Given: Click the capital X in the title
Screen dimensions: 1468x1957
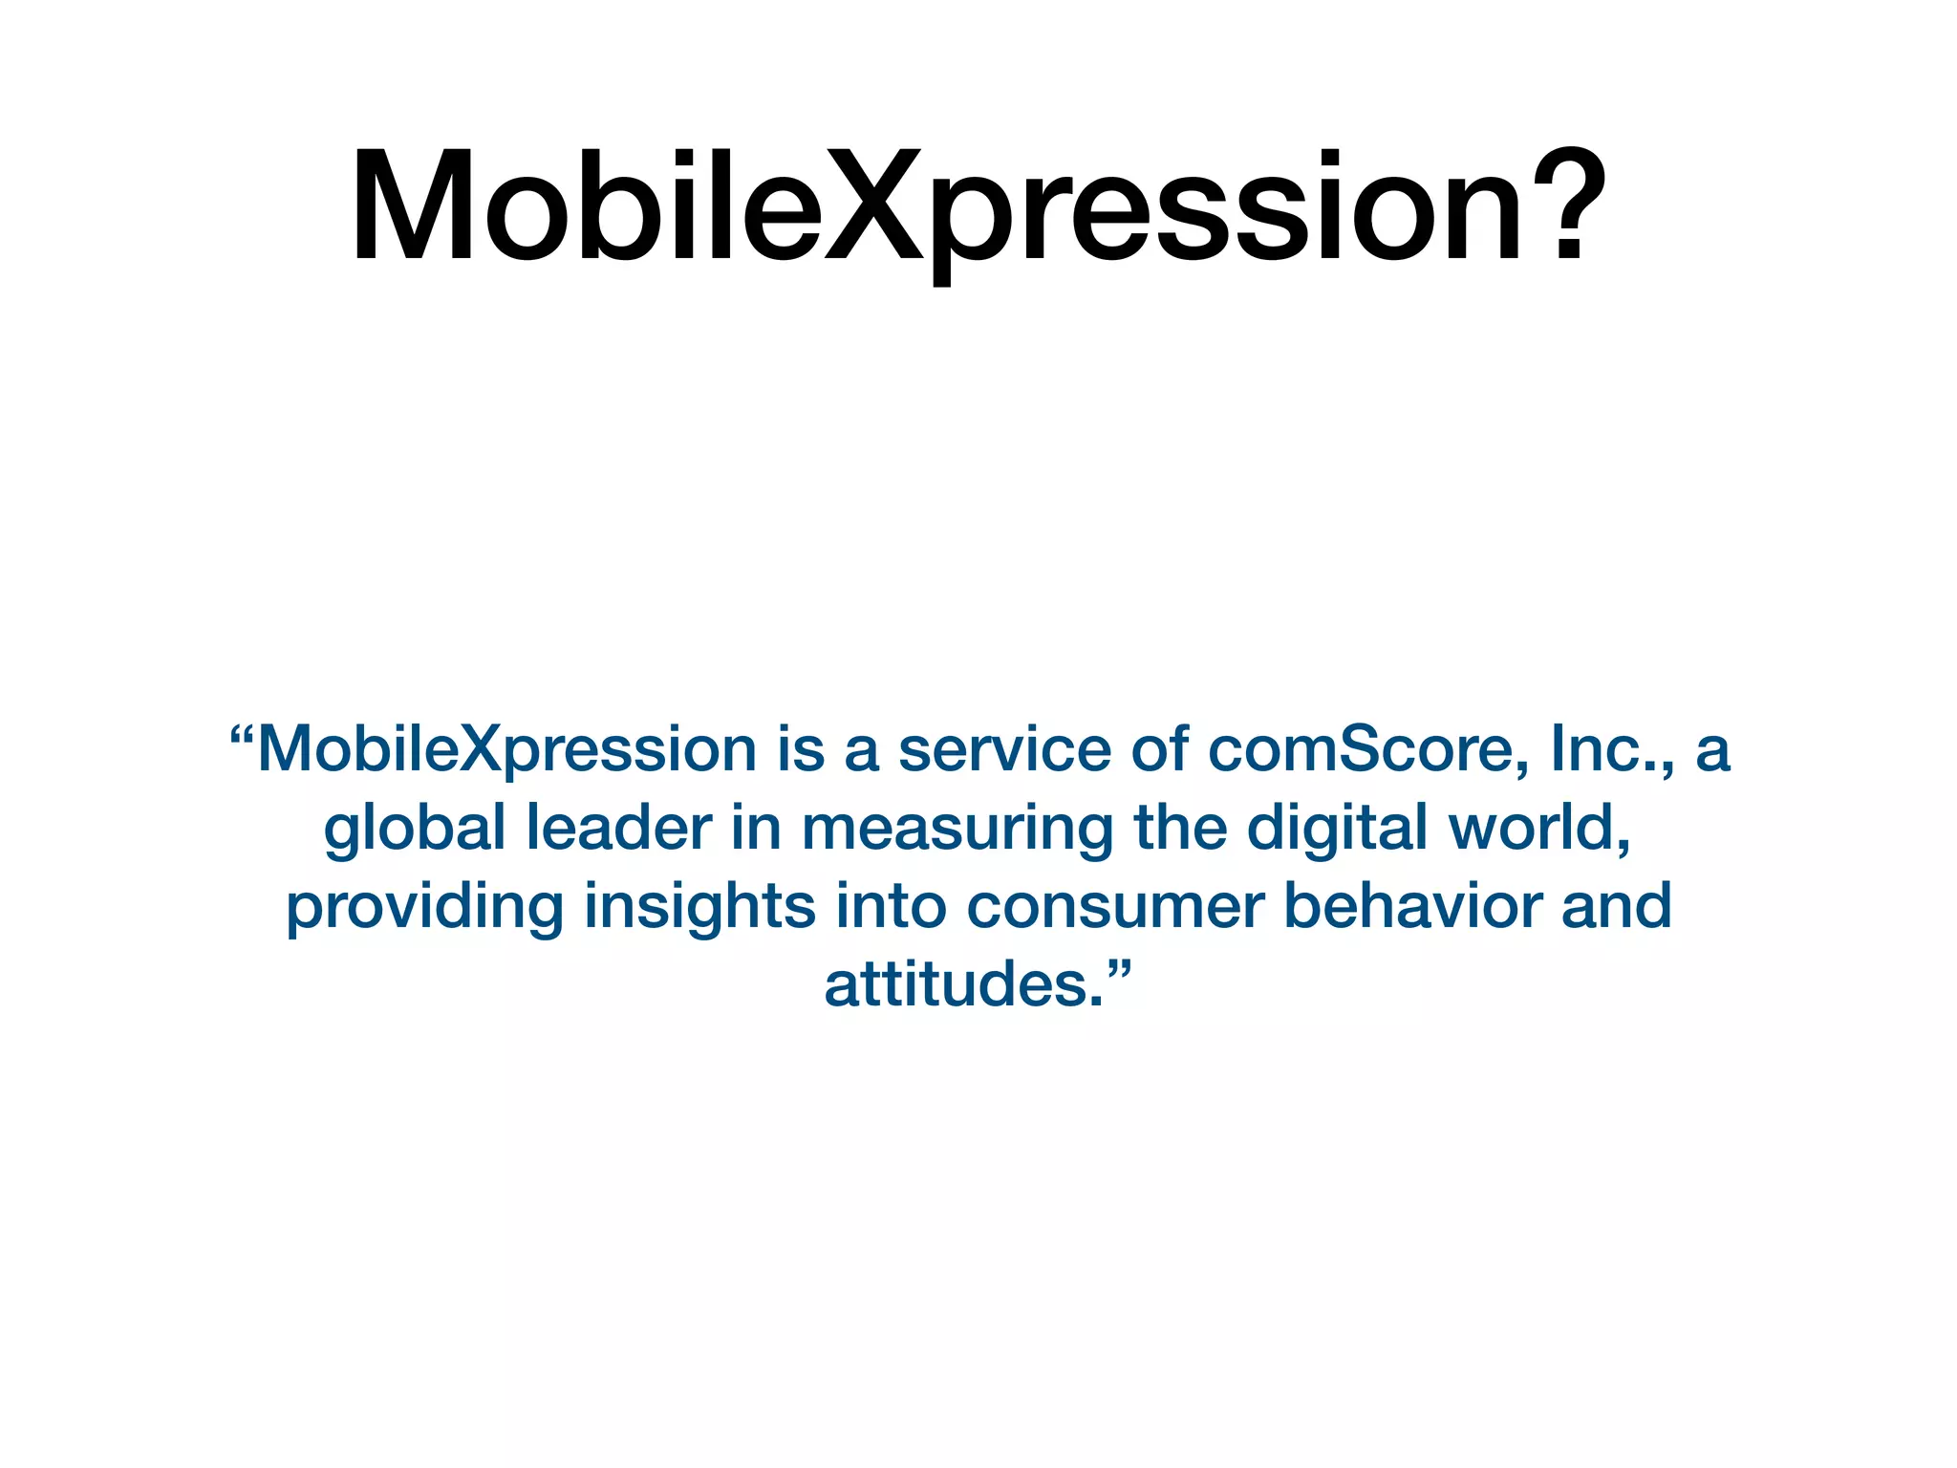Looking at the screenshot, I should tap(874, 205).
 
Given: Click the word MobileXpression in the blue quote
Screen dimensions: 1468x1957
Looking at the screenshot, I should tap(507, 751).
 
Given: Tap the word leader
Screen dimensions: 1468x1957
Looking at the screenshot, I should tap(619, 828).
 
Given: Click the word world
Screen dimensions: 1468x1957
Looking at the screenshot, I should tap(1538, 828).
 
